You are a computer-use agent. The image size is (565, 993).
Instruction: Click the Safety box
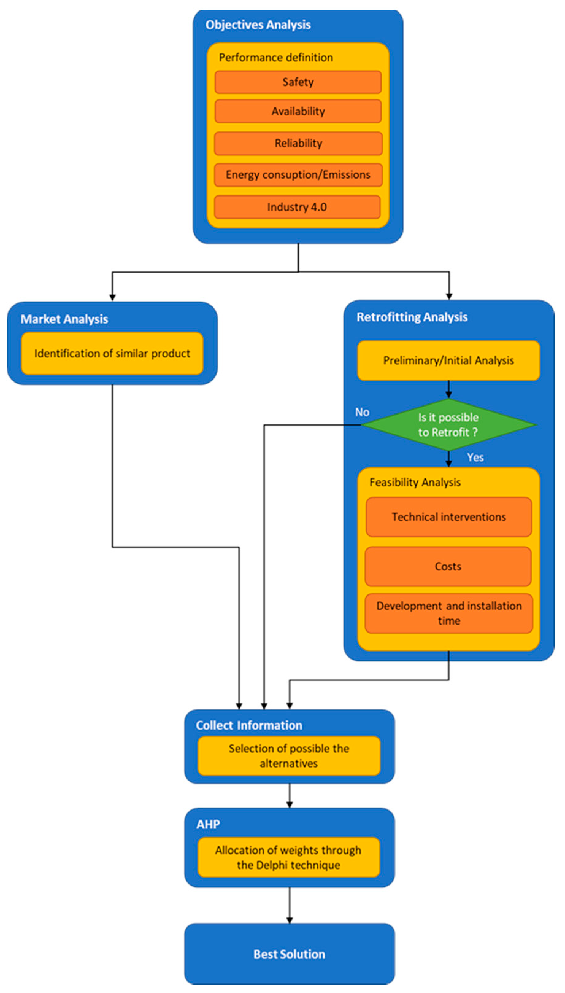[298, 82]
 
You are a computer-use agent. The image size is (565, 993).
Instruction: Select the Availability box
[298, 111]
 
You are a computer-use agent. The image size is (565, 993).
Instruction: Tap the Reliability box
[298, 143]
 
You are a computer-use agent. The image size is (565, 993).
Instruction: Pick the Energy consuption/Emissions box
[298, 175]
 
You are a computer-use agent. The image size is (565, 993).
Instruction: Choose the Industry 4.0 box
[297, 207]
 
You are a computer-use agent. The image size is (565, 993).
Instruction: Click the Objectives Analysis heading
[258, 25]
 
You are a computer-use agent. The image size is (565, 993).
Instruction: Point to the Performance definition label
[275, 57]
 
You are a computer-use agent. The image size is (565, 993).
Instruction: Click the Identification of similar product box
[112, 353]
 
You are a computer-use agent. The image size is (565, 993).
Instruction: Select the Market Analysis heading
[64, 319]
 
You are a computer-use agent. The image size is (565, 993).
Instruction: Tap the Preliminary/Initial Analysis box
[448, 360]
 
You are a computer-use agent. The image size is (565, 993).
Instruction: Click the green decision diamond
[448, 424]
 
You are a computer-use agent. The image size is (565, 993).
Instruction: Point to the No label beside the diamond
[362, 412]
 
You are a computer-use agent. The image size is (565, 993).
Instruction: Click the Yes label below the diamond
[475, 457]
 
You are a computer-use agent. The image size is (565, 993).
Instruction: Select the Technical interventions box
[448, 517]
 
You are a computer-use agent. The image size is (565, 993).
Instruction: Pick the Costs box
[448, 566]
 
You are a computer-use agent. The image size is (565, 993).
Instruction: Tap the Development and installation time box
[448, 613]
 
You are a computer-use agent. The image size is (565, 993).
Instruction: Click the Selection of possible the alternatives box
[289, 756]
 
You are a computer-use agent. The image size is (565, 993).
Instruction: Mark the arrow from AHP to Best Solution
[289, 905]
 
